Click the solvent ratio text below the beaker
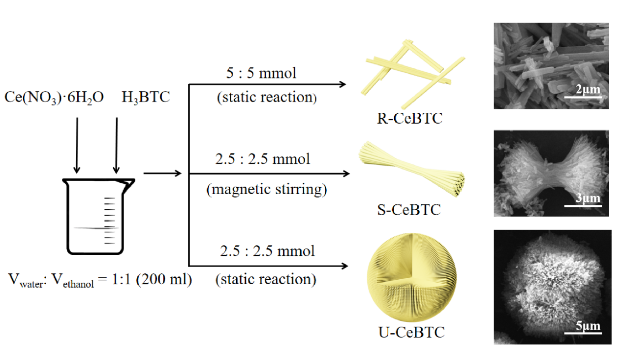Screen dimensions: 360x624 click(x=100, y=280)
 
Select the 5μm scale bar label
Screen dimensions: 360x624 click(x=588, y=326)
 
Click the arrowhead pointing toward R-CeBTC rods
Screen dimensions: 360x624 click(x=342, y=85)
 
